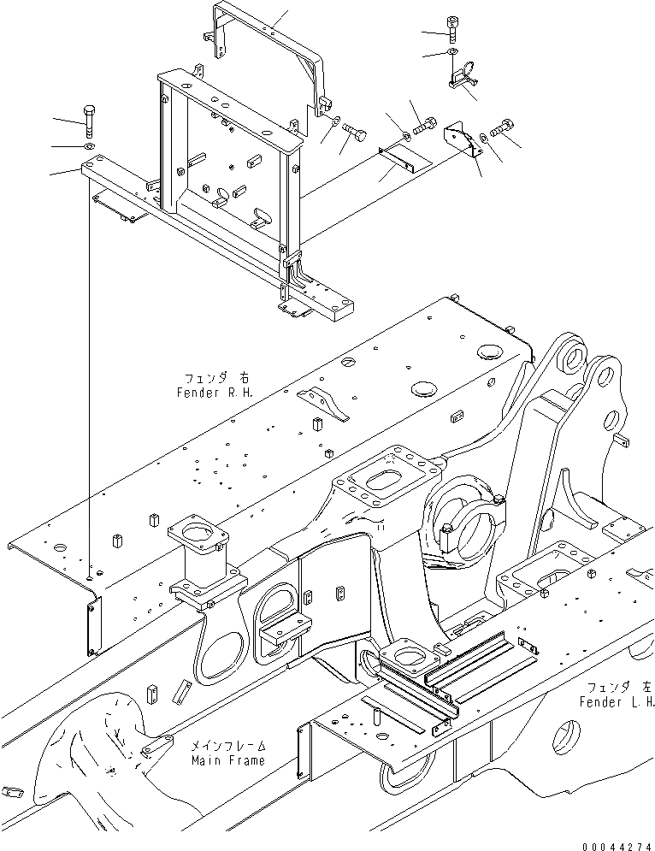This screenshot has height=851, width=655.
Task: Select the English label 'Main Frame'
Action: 227,759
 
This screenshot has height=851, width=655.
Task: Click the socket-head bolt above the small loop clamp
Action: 452,29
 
